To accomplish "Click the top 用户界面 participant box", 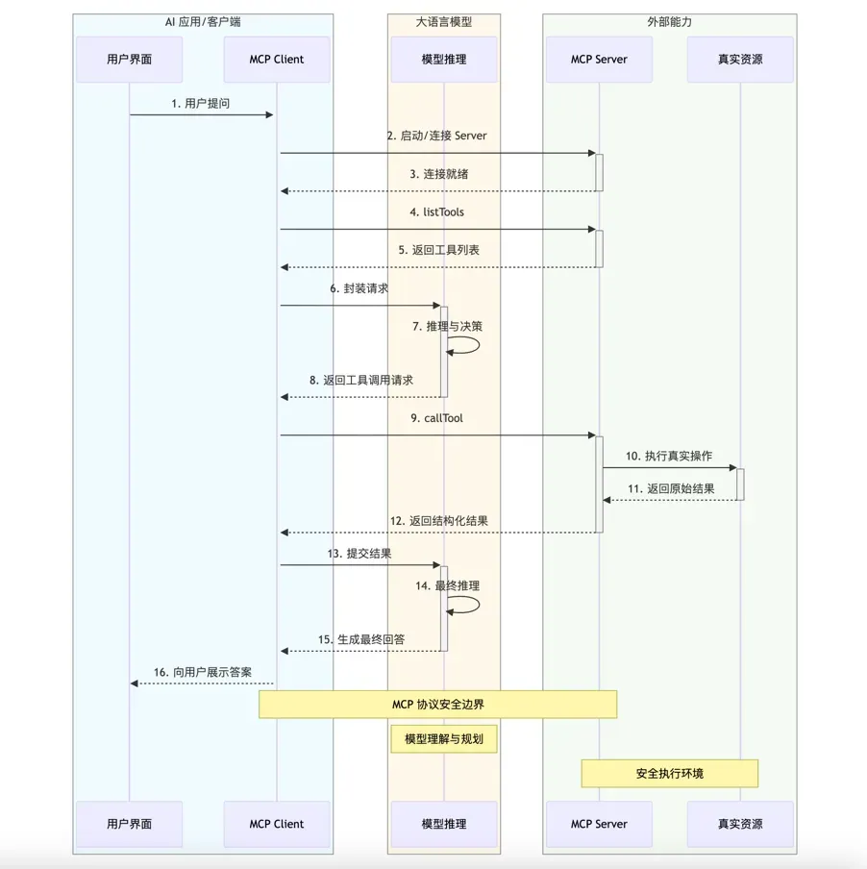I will coord(129,60).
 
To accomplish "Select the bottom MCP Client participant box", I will coord(276,824).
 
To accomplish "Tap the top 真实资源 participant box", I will coord(740,60).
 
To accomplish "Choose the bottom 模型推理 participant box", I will coord(443,824).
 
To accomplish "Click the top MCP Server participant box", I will coord(599,60).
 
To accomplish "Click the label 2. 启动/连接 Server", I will coord(437,136).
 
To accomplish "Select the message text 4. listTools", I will coord(436,211).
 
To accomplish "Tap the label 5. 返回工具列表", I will coord(439,250).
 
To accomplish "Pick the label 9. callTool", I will coord(437,418).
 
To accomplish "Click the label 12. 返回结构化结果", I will coord(438,521).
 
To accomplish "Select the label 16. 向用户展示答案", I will coord(203,672).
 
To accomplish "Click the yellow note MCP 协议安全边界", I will coord(437,705).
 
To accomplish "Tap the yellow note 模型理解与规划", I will coord(443,739).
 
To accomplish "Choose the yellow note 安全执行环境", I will coord(669,773).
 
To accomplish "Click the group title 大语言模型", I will coord(443,21).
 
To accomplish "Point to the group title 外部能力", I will coord(669,21).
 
